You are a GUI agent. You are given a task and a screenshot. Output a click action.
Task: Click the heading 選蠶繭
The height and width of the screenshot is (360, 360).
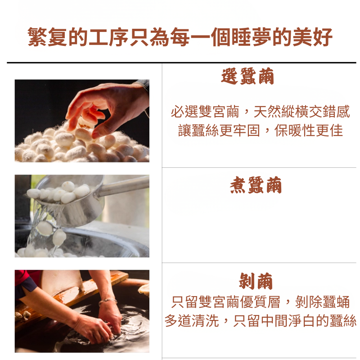tap(247, 76)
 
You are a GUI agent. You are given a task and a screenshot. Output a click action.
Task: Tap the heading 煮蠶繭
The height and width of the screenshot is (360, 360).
tap(256, 185)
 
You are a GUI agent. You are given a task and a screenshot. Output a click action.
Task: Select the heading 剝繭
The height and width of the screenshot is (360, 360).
tap(256, 281)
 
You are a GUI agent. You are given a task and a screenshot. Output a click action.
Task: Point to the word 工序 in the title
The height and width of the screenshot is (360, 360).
tap(109, 37)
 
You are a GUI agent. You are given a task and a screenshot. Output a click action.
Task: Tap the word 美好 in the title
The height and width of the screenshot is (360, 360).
tap(313, 37)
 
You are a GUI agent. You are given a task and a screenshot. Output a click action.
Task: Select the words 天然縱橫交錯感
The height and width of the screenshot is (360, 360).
tap(301, 112)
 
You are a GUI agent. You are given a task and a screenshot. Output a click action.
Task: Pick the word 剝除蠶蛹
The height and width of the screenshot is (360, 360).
tap(322, 301)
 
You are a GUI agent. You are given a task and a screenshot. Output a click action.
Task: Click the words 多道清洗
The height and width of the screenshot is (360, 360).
tap(192, 321)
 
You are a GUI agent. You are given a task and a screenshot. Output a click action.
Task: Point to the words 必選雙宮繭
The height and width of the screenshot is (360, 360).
tap(205, 112)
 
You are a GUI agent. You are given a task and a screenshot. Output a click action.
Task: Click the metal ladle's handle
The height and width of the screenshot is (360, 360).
tap(123, 186)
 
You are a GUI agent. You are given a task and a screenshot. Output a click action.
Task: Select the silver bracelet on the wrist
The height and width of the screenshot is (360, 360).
tap(108, 301)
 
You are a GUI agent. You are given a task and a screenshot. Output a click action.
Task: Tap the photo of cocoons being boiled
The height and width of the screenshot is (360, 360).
tap(82, 216)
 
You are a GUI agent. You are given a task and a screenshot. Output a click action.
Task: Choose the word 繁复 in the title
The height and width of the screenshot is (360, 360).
tap(48, 37)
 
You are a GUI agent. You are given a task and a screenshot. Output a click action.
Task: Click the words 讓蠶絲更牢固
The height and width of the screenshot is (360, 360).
tap(219, 130)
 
